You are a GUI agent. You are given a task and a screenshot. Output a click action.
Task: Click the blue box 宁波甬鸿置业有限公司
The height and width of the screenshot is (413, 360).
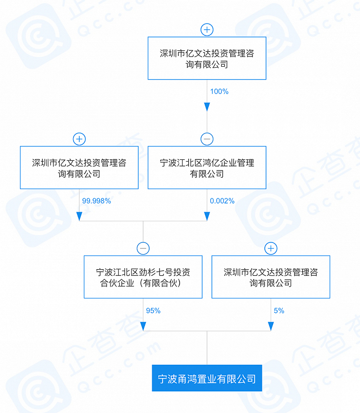point(207,379)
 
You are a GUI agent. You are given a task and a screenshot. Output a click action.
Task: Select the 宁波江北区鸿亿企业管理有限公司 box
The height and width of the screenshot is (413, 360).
point(207,168)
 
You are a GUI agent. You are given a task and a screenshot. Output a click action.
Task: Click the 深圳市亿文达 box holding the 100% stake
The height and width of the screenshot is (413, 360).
point(207,59)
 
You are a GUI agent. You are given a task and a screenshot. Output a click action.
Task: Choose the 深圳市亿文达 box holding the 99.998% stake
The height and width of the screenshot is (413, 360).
point(79,168)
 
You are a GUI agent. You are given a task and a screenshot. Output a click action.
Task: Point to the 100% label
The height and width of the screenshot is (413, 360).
point(219,91)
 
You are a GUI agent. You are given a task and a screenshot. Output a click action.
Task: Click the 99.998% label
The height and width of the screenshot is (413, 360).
point(96,201)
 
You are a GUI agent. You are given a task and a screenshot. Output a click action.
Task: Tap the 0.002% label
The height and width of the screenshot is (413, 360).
point(222,201)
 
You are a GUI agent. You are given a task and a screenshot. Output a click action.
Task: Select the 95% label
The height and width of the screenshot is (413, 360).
point(153,310)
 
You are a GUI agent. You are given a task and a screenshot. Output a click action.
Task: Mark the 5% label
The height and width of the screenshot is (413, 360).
point(279,310)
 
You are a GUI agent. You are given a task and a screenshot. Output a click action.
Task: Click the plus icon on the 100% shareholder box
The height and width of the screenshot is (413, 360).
point(207,30)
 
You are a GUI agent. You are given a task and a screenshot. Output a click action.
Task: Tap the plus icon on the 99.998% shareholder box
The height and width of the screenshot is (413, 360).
point(79,139)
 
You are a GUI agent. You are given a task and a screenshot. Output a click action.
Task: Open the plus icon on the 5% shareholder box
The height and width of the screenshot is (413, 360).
point(271,249)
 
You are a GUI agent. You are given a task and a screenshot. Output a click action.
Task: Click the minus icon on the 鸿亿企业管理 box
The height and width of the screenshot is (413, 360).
point(207,139)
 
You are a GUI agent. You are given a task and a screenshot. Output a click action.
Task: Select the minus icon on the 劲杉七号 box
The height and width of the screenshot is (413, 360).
point(143,249)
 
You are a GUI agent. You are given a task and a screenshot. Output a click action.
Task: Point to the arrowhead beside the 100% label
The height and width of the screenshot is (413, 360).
point(207,107)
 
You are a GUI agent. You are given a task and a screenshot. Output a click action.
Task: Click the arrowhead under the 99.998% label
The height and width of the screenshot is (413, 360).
point(79,216)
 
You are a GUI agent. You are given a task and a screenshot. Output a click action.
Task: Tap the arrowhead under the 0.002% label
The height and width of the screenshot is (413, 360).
point(207,216)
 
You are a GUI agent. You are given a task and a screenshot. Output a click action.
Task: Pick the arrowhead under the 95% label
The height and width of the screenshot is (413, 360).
point(143,326)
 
